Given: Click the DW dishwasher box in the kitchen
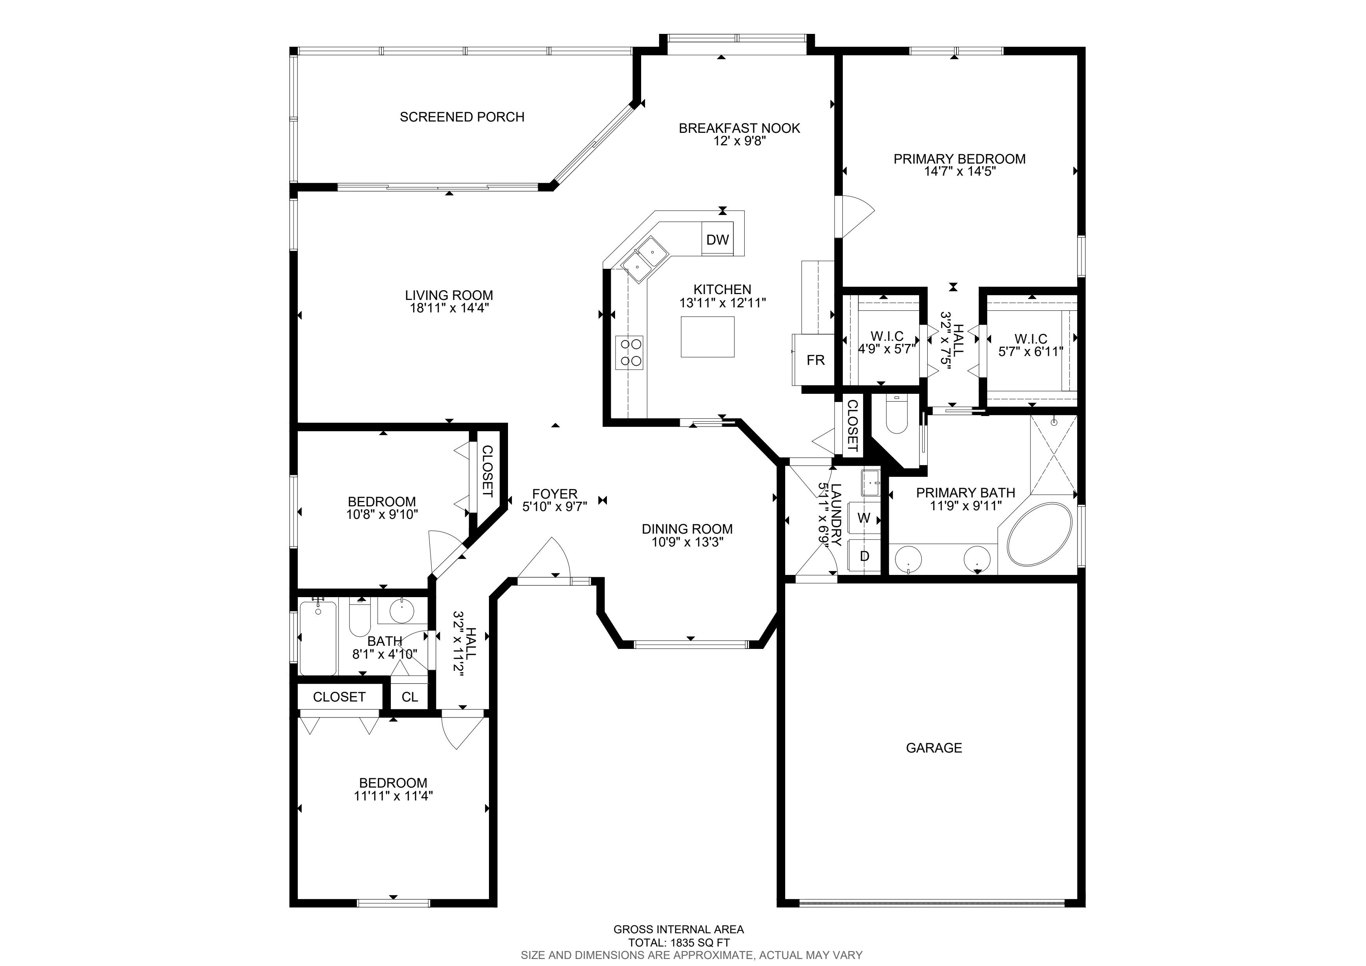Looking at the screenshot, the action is coord(717,239).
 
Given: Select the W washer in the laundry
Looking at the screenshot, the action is coord(864,518).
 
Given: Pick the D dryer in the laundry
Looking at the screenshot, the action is coord(864,556).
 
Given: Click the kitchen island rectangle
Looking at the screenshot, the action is coord(707,337).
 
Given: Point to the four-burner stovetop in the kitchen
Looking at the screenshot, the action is coord(629,353).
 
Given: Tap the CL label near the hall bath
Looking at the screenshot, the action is coord(409,697).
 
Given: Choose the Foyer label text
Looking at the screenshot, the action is coord(554,494).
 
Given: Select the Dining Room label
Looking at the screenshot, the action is coord(687,529).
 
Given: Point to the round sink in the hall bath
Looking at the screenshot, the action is coord(402,610).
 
